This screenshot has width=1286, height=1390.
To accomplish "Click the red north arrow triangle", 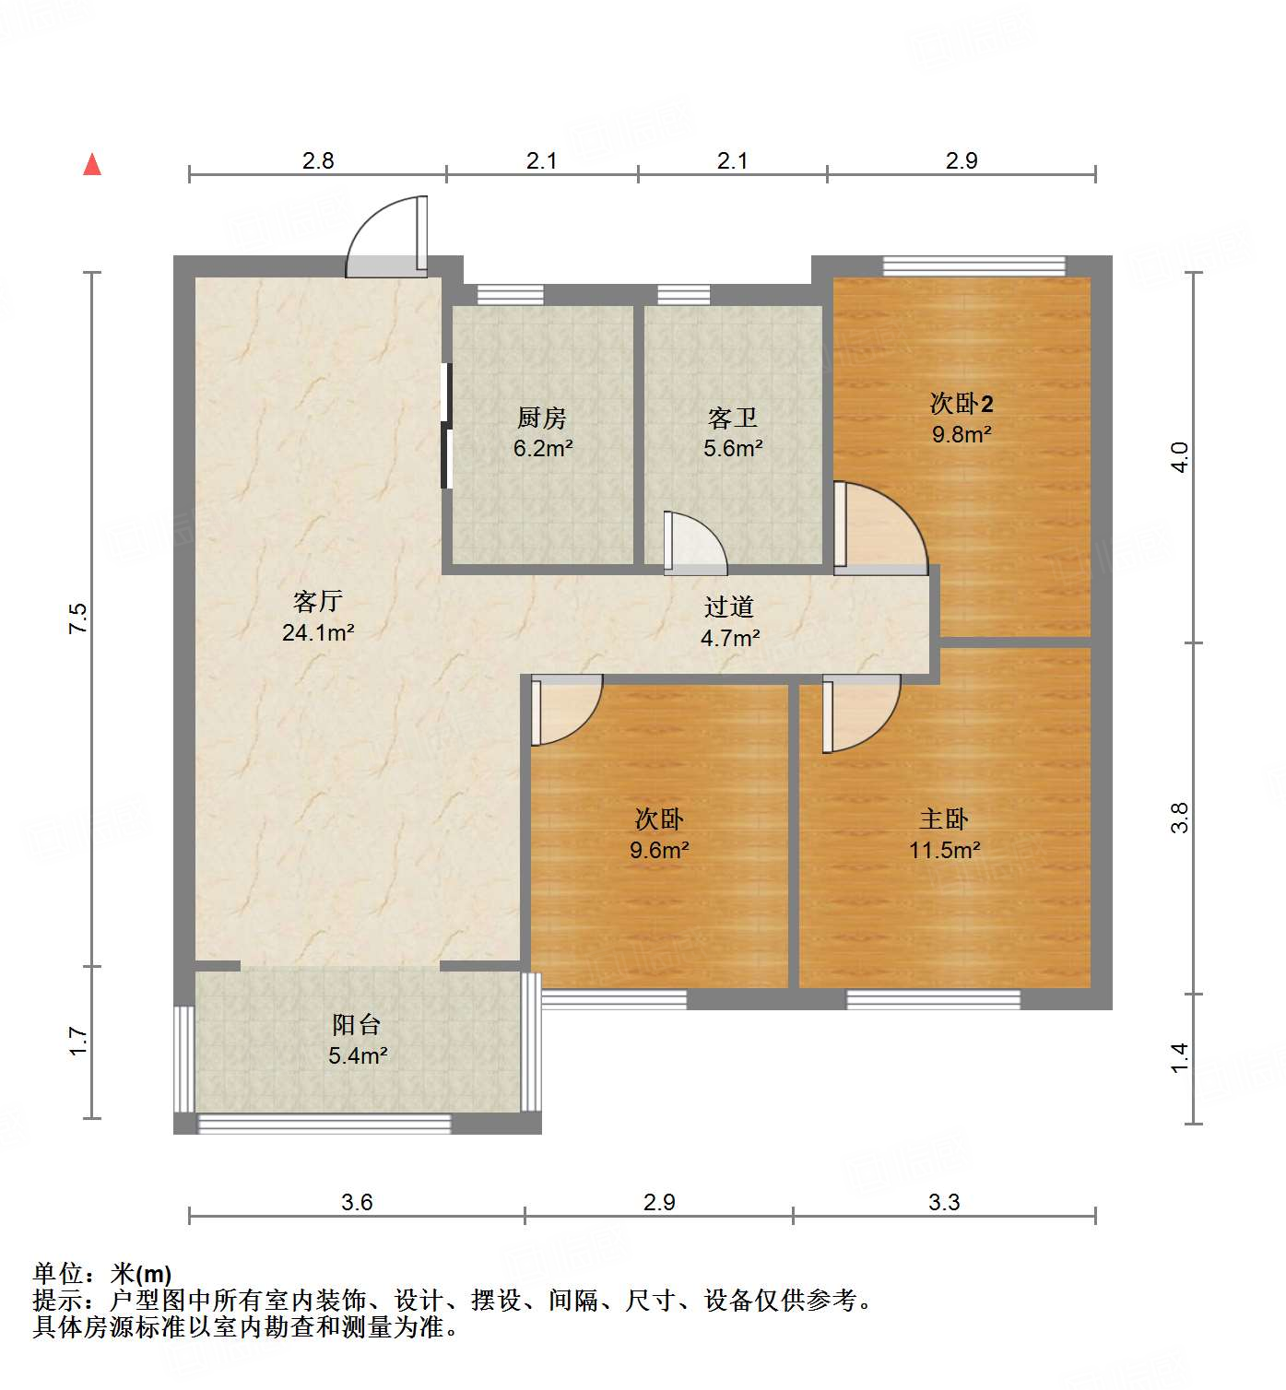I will [92, 164].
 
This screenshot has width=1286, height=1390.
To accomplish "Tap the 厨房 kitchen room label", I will [541, 418].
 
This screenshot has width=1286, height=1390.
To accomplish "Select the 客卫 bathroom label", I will [733, 418].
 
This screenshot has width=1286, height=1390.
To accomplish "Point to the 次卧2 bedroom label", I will [962, 404].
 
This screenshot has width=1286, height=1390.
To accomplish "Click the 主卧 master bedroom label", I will [944, 819].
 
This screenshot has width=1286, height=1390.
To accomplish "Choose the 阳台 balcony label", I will [357, 1025].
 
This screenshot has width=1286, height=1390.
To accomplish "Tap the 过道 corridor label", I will [729, 607].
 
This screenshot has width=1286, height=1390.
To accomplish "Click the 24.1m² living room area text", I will [318, 633].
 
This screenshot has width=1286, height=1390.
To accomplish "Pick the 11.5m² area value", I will [944, 850].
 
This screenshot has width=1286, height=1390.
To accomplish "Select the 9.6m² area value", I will [659, 850].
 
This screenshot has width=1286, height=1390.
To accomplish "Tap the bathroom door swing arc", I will [696, 544].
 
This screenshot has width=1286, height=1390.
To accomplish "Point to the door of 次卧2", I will [880, 527].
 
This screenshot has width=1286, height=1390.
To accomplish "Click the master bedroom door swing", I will [860, 712].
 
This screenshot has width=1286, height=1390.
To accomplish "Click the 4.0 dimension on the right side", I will [1180, 456].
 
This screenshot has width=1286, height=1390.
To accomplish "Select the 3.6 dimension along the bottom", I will [357, 1202].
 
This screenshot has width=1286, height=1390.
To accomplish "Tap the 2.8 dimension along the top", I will [318, 161].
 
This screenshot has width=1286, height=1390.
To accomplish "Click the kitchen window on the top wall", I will [510, 295].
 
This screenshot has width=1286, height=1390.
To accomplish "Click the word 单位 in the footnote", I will [59, 1274].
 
